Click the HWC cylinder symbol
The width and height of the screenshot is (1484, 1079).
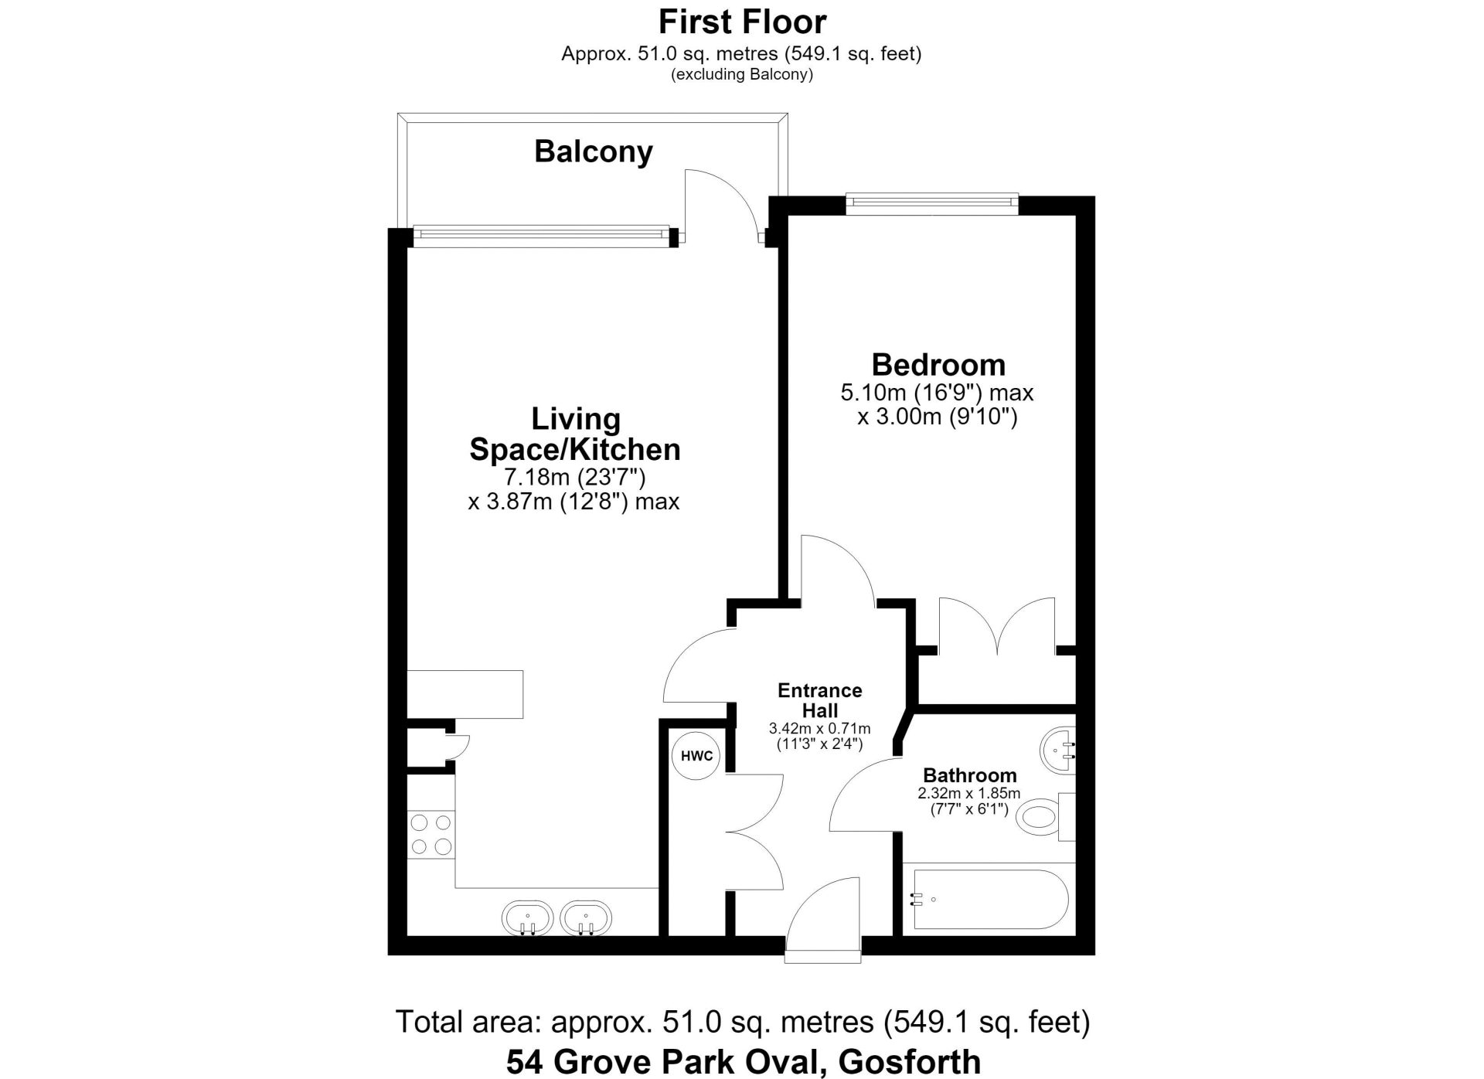(x=696, y=755)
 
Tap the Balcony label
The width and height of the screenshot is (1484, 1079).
(x=594, y=151)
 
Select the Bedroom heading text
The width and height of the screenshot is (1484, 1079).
(x=938, y=364)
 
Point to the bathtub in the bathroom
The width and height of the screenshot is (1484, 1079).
(x=991, y=899)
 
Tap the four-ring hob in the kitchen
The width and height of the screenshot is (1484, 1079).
(x=431, y=834)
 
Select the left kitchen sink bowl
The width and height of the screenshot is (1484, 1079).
(x=527, y=919)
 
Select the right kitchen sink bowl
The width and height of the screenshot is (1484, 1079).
(x=586, y=919)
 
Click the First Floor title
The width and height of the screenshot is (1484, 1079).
(x=742, y=22)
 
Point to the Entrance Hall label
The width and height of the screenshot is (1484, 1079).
(x=819, y=699)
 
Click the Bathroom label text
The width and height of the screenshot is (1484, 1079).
(x=970, y=775)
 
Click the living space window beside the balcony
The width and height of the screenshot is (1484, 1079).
(x=541, y=235)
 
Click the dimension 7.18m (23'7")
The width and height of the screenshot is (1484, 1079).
(x=574, y=477)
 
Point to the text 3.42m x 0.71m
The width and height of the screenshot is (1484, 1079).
(x=819, y=728)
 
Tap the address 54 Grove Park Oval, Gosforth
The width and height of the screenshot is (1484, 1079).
(x=744, y=1061)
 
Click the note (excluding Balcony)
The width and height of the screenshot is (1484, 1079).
(x=742, y=75)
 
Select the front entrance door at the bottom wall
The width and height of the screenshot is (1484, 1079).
(x=822, y=920)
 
